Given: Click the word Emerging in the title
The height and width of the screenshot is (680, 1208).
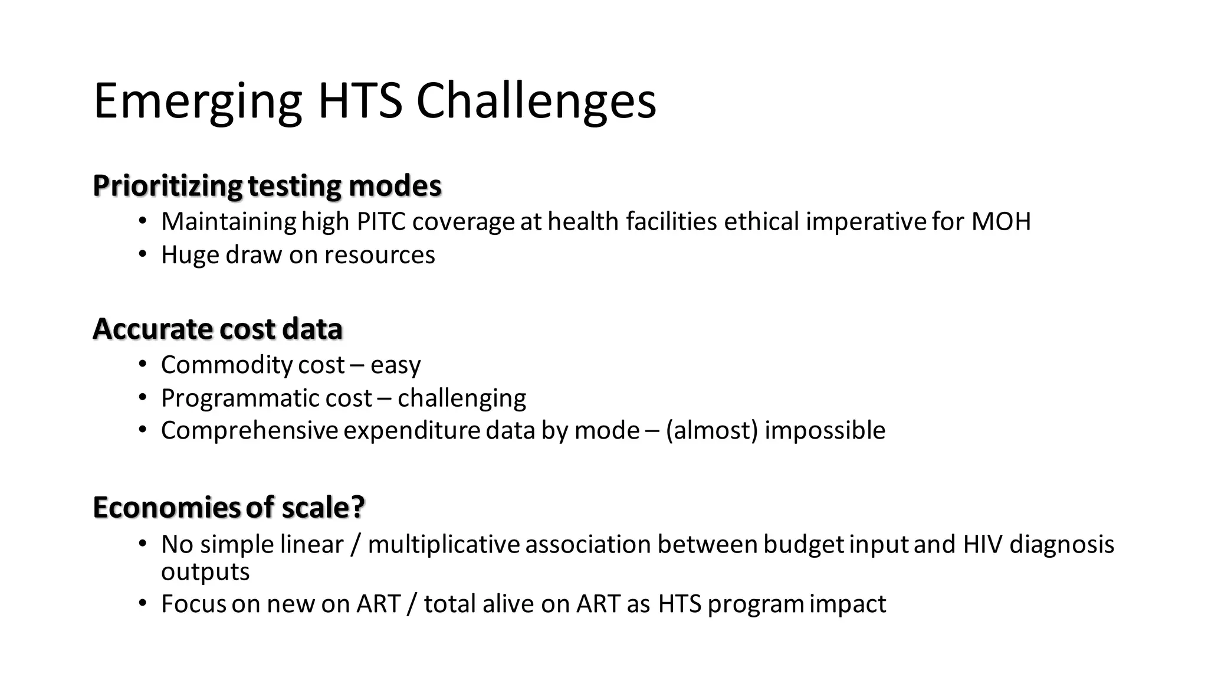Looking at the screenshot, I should (198, 102).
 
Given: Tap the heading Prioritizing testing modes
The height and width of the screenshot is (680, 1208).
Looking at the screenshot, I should (267, 186).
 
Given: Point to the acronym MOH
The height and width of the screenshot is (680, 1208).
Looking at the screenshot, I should (1000, 222).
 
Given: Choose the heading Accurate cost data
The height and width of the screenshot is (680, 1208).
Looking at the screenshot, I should (217, 329).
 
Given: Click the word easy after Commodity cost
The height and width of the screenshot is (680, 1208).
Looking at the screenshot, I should (395, 365).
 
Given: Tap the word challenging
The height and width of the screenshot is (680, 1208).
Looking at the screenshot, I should (461, 399).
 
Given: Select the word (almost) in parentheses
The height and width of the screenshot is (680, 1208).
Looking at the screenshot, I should (711, 430).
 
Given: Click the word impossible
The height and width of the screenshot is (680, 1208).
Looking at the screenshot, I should (825, 430).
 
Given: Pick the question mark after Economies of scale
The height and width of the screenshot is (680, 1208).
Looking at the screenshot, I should (358, 508).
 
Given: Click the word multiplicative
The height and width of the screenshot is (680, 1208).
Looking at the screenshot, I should (444, 544).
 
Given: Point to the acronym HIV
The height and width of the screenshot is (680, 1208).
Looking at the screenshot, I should (982, 544).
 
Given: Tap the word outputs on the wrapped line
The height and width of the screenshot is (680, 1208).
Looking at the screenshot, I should (205, 572).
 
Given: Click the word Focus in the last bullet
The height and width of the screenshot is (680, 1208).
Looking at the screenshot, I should (193, 604).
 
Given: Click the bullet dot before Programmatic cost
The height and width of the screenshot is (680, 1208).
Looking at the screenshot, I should (142, 398).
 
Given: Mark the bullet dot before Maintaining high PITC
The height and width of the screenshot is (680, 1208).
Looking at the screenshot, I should (142, 221).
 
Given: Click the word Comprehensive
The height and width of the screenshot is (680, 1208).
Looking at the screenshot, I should (249, 430).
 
